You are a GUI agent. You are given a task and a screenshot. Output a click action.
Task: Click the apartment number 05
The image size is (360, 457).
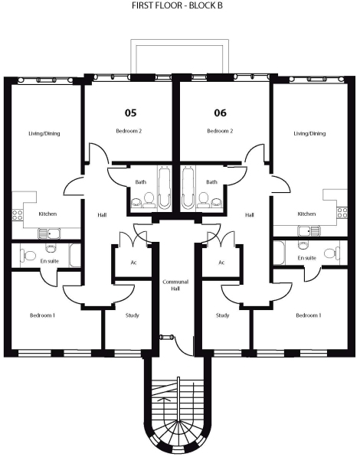coord(130,113)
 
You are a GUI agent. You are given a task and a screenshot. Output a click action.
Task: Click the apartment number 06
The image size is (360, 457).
coord(221,113)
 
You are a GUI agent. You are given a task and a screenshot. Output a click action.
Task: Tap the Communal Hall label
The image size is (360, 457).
coord(175,285)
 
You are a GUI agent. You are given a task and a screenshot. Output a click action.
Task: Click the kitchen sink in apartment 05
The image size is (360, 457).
coord(49,233)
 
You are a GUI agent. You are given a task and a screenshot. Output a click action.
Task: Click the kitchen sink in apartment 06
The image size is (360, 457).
coord(309,231)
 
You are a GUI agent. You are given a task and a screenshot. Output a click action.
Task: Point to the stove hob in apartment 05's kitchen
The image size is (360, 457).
coord(17,215)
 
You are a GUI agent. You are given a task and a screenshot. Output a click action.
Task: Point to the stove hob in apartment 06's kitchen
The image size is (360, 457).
coord(342,213)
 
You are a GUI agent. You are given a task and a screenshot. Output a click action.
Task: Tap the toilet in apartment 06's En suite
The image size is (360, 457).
coord(332,253)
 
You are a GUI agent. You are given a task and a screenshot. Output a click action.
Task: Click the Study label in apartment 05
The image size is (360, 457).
coord(133,315)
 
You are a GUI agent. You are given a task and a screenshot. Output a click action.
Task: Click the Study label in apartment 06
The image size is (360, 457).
coord(222,315)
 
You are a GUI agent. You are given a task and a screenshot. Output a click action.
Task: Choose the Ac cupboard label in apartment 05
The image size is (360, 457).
coord(133,263)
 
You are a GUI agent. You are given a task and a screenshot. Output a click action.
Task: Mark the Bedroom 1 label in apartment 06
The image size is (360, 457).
coord(309,315)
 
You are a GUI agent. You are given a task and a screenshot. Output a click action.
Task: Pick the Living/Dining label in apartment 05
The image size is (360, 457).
coord(44,133)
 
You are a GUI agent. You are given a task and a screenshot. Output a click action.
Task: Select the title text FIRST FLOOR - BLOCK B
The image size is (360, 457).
coord(177,5)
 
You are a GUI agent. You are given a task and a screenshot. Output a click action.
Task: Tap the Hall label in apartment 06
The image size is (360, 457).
coord(250,215)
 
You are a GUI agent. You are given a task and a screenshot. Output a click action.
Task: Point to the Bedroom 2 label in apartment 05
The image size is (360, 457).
coord(129,131)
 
